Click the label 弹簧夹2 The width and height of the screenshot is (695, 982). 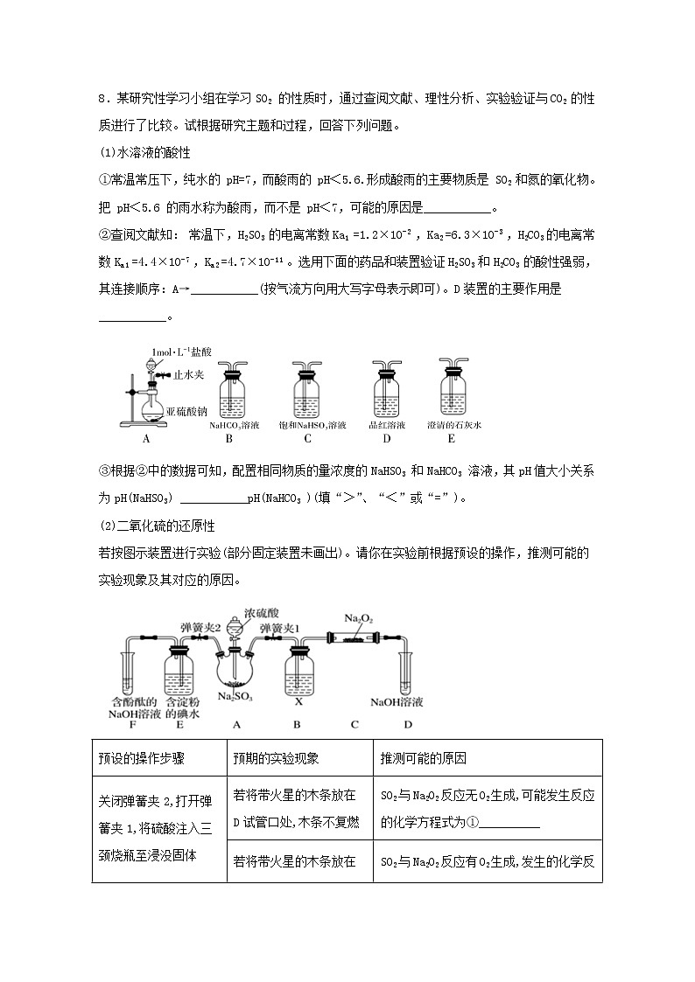199,628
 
